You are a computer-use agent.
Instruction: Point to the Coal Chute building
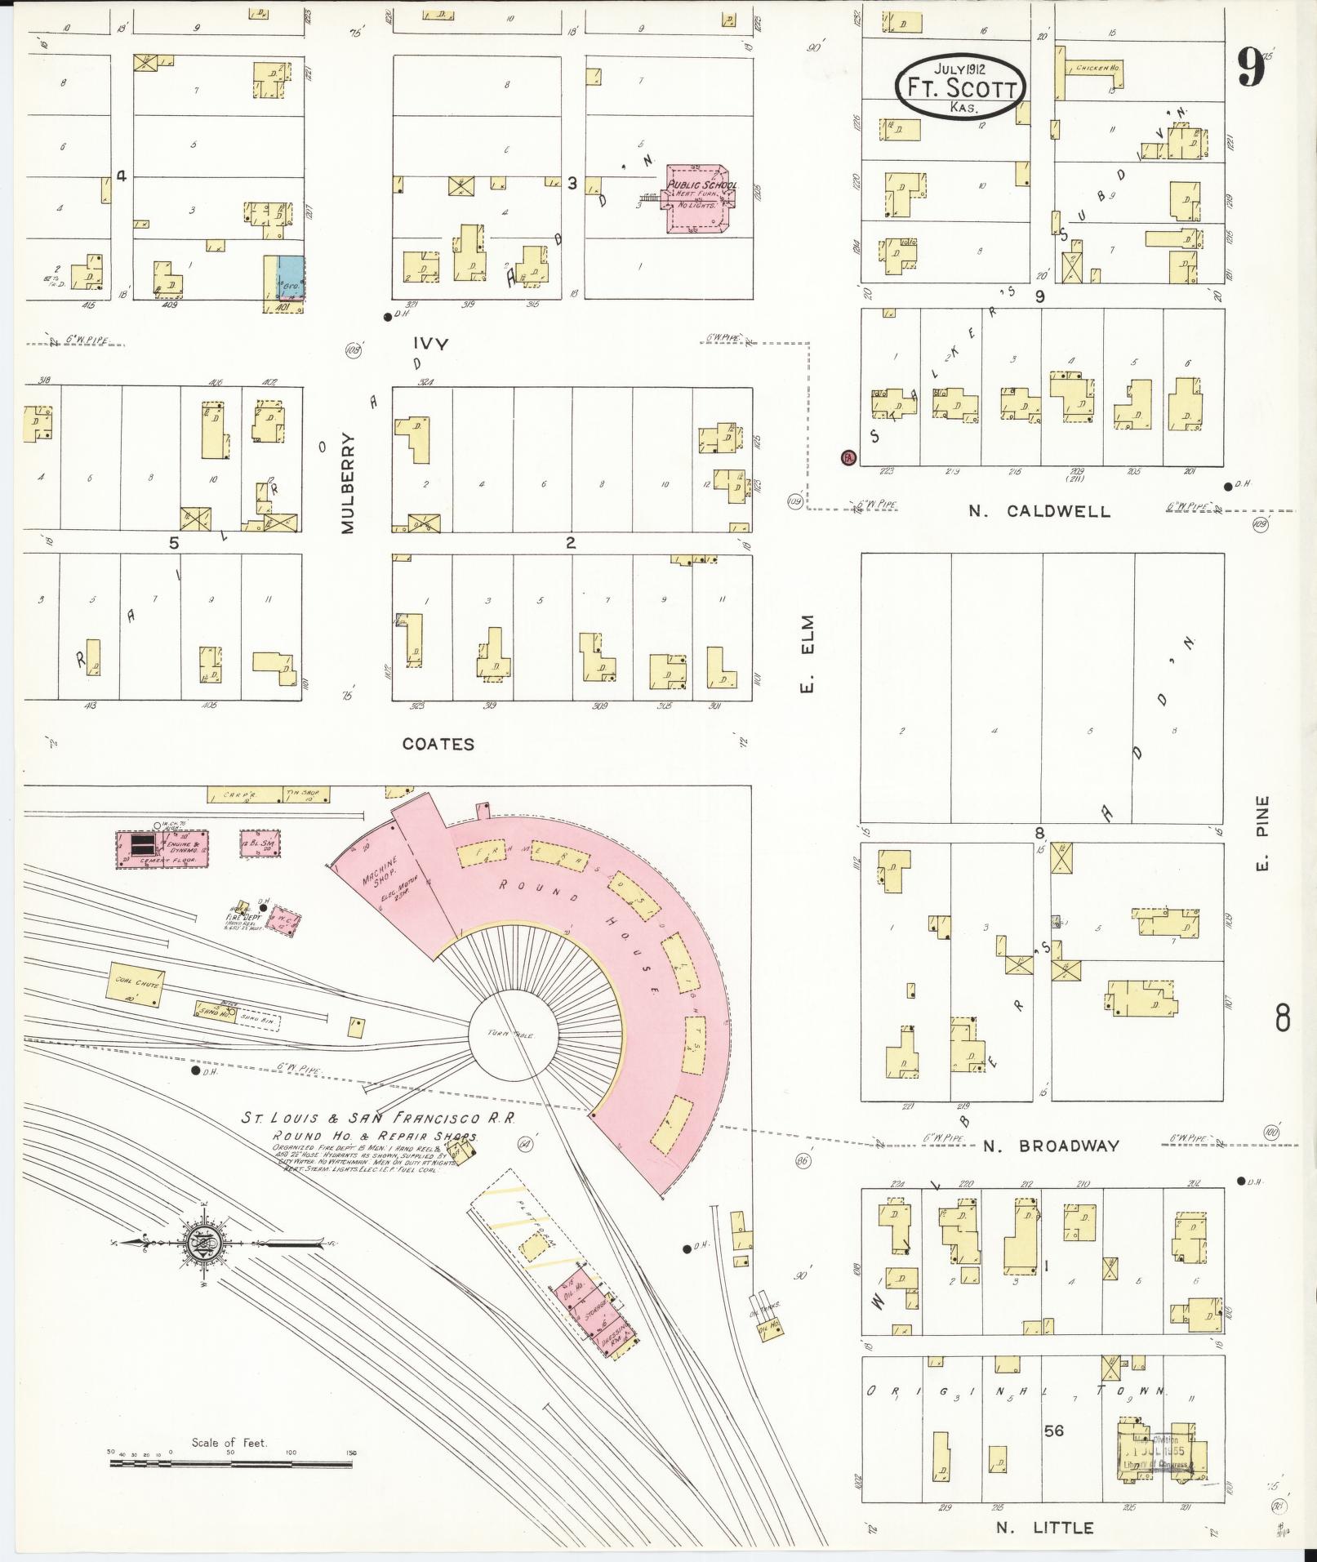[136, 983]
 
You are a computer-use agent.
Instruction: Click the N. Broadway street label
[1051, 1146]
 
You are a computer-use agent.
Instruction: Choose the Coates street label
[438, 744]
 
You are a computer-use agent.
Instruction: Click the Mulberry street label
[349, 483]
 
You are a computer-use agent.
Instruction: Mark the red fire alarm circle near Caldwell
[848, 457]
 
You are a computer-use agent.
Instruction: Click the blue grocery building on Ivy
[291, 280]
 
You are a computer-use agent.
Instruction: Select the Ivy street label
[430, 344]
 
